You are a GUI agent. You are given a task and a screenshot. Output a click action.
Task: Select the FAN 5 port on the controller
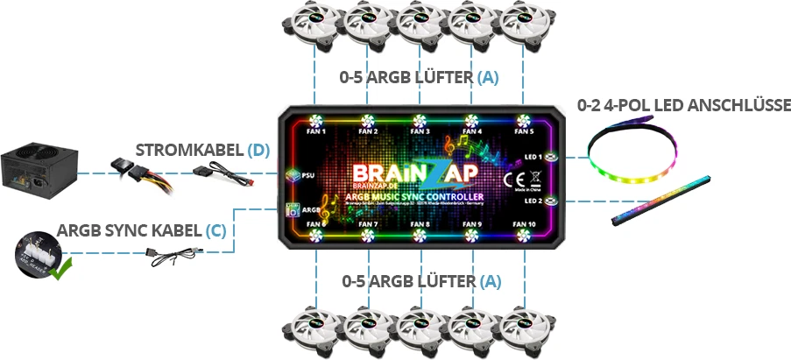pyautogui.click(x=524, y=121)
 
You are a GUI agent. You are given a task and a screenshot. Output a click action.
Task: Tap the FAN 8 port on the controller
pyautogui.click(x=420, y=236)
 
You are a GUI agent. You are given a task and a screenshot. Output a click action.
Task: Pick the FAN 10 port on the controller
pyautogui.click(x=524, y=236)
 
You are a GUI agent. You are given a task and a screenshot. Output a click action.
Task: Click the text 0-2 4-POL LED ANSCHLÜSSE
pyautogui.click(x=684, y=106)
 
